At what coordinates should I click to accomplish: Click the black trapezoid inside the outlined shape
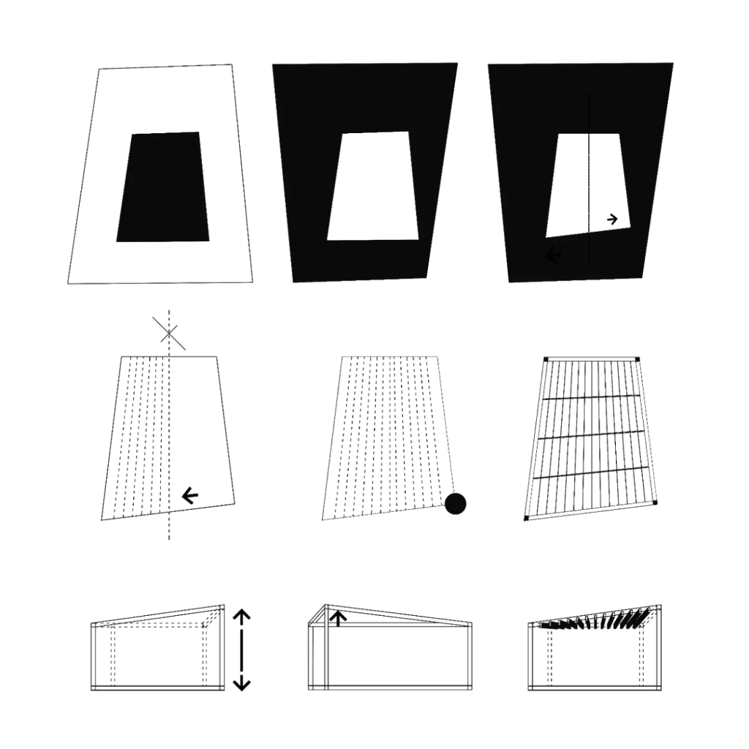click(x=162, y=187)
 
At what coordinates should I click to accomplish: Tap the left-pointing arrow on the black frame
click(x=554, y=255)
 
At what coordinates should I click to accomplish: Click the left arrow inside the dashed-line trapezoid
click(x=190, y=496)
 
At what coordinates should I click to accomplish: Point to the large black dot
click(x=456, y=503)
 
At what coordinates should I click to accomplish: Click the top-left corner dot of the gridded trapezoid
click(x=546, y=359)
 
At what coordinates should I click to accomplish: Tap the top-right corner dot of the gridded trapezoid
click(x=638, y=359)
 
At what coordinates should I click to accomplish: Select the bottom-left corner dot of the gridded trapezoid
click(x=526, y=519)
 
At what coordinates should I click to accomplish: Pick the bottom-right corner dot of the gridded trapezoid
click(x=655, y=503)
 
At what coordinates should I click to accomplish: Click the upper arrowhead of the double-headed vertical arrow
click(x=241, y=617)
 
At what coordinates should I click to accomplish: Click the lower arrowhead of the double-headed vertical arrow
click(x=241, y=685)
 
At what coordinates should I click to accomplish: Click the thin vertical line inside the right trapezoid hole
click(x=589, y=183)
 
